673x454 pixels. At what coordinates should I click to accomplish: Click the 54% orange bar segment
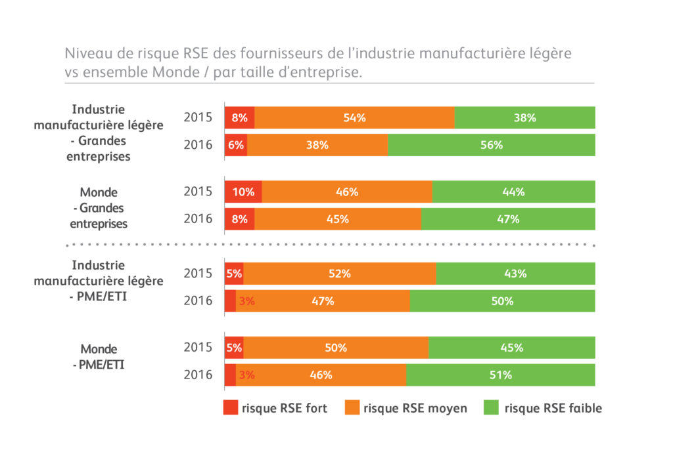354,118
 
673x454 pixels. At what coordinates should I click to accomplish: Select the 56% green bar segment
491,145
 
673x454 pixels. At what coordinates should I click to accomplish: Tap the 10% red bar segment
243,192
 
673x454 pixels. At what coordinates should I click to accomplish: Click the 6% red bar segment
236,145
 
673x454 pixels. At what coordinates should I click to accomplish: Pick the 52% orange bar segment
340,274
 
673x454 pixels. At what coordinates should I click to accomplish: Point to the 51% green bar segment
500,375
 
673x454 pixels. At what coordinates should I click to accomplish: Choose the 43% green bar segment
515,274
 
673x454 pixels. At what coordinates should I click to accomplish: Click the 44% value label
513,192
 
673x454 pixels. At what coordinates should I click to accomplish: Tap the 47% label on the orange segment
323,301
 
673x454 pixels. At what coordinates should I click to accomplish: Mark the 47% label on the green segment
508,219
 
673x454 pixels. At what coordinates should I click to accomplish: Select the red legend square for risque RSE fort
230,408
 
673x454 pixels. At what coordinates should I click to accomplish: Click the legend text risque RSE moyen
415,408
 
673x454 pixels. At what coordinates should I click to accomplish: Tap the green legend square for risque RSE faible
491,408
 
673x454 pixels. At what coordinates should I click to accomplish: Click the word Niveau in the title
85,53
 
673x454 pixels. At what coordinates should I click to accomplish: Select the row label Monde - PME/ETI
99,356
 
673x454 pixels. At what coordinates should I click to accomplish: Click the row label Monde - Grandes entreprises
99,208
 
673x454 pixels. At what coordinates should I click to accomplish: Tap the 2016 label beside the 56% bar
198,145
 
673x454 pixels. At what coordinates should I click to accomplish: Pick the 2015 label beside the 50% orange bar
198,348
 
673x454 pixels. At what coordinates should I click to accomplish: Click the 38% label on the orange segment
317,145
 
